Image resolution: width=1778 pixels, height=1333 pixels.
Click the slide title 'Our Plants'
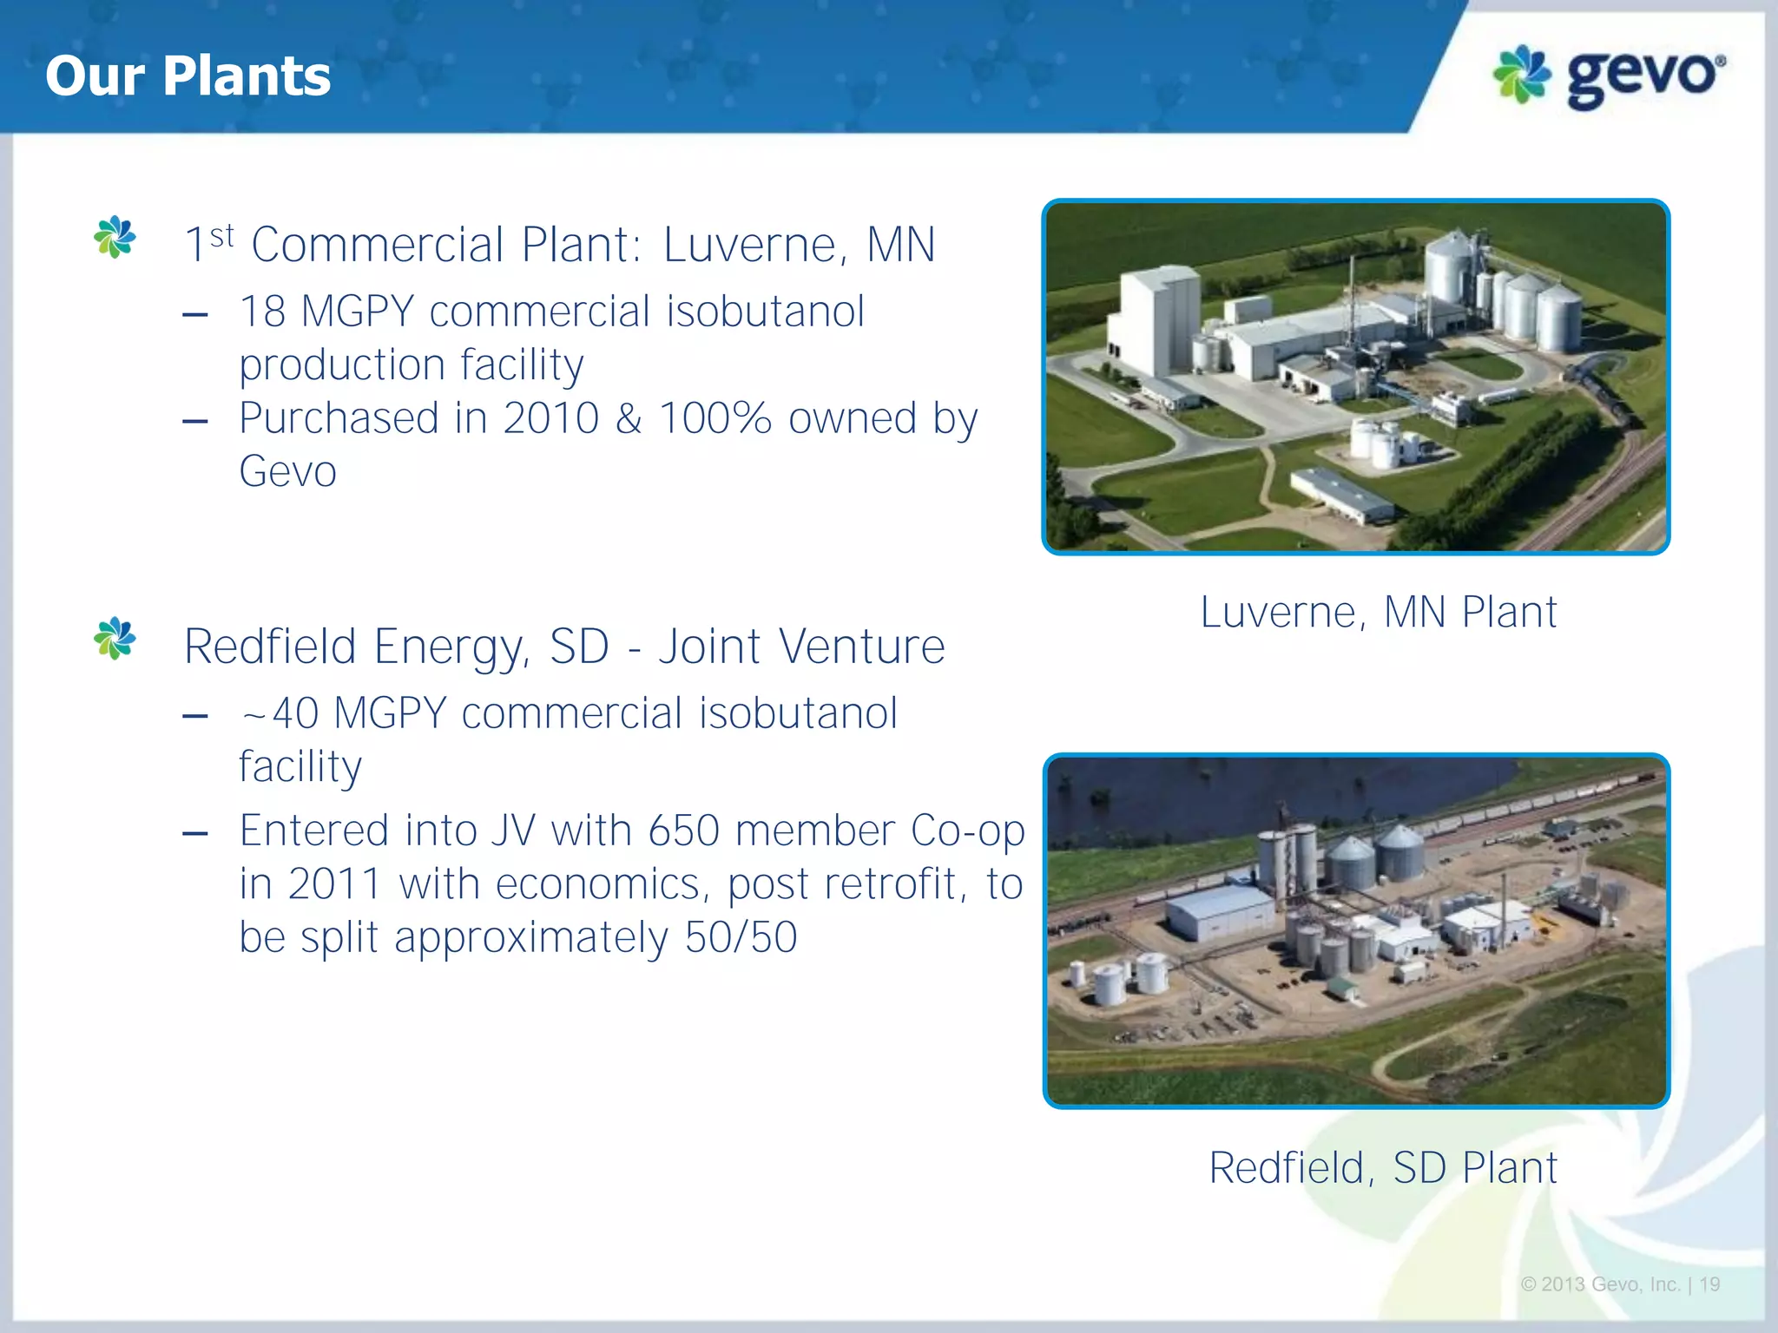pyautogui.click(x=188, y=76)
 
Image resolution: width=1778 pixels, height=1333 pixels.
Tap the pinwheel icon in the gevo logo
pyautogui.click(x=1522, y=74)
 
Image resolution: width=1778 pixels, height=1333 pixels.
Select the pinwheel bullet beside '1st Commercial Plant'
pyautogui.click(x=115, y=237)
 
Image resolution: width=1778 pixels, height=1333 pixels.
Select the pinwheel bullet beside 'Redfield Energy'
pyautogui.click(x=115, y=639)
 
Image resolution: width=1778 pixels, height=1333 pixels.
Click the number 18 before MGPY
pyautogui.click(x=261, y=312)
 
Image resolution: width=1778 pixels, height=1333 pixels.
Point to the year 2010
pyautogui.click(x=550, y=418)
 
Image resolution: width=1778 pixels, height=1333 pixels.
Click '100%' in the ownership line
pyautogui.click(x=714, y=418)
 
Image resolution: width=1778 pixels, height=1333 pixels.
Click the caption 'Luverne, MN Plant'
pyautogui.click(x=1378, y=613)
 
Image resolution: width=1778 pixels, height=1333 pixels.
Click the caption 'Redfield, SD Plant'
pyautogui.click(x=1383, y=1167)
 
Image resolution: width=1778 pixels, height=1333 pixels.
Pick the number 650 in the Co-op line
pyautogui.click(x=683, y=831)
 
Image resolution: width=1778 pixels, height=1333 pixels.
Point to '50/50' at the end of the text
pyautogui.click(x=741, y=937)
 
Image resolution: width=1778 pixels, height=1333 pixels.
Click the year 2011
pyautogui.click(x=334, y=884)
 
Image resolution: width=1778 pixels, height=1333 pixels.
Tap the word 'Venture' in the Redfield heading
pyautogui.click(x=862, y=647)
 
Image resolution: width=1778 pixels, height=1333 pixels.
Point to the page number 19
pyautogui.click(x=1710, y=1284)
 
